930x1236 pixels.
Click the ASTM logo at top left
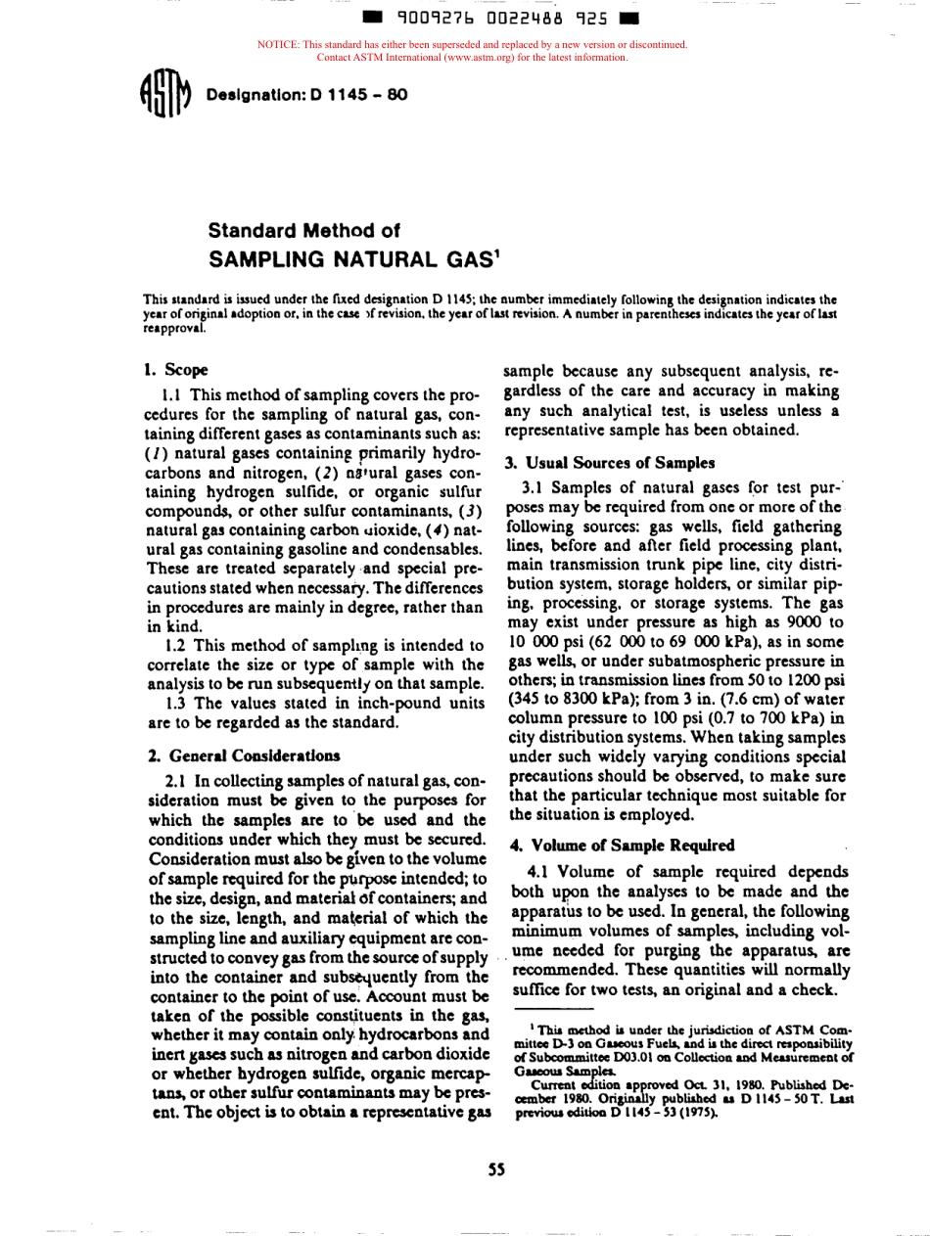click(162, 95)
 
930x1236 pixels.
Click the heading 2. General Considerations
click(244, 755)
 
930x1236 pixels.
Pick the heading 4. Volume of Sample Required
click(620, 845)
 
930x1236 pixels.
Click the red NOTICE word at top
click(278, 45)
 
